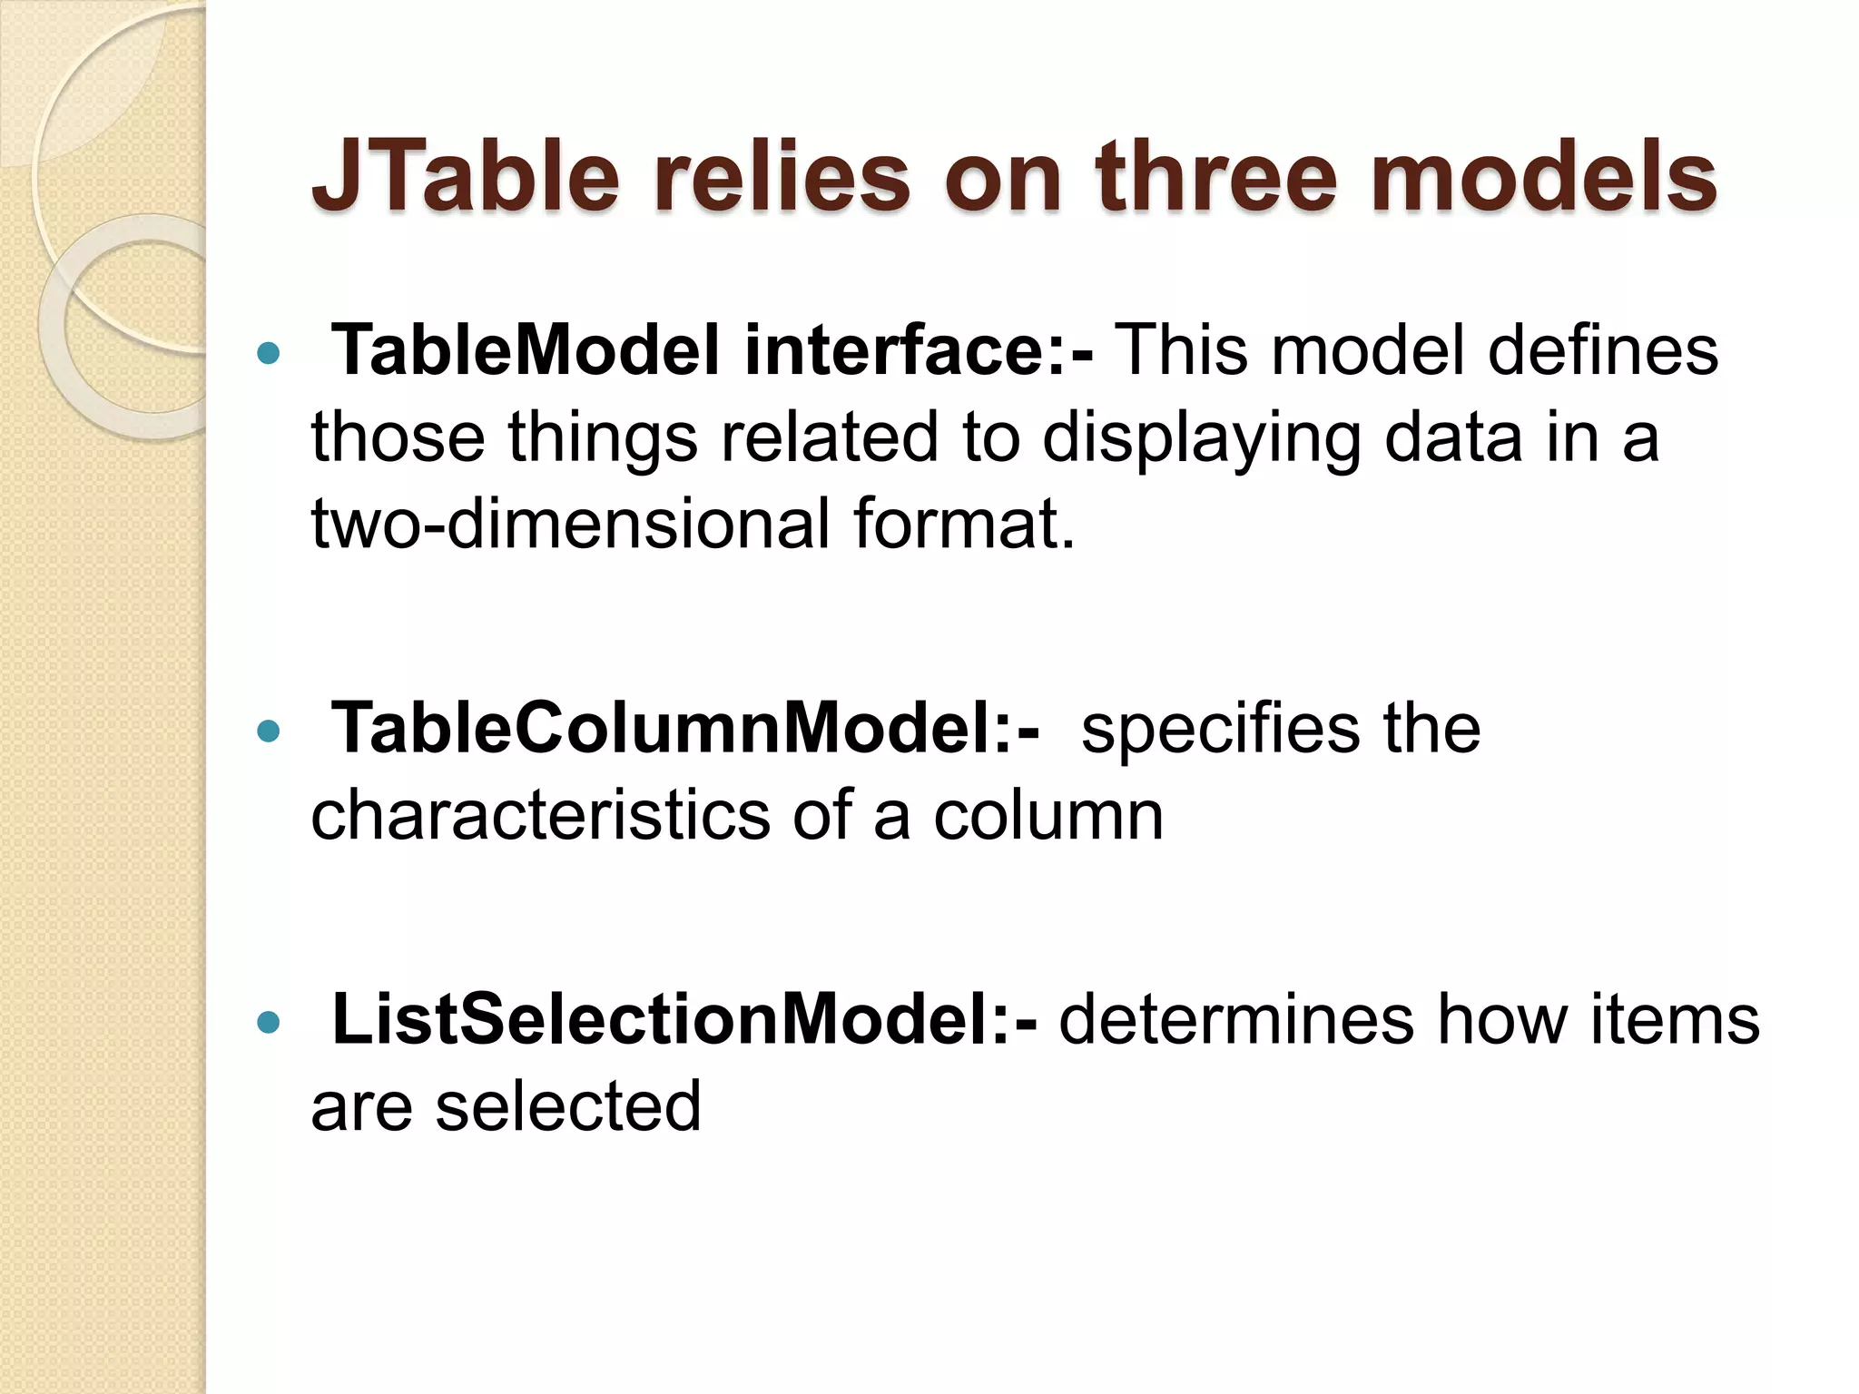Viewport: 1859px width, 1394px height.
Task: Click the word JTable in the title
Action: click(465, 177)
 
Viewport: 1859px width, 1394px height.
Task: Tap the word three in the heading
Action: click(1216, 177)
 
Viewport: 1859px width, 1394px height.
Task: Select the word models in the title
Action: click(1543, 177)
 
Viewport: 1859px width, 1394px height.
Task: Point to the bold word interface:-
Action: click(919, 351)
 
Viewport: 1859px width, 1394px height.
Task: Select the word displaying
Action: click(1202, 438)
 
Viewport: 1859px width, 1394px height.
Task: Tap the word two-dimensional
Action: click(570, 525)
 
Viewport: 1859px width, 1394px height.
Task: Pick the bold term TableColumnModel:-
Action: click(686, 729)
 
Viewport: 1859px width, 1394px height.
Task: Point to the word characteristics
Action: click(541, 816)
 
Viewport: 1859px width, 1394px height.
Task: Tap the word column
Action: click(1048, 816)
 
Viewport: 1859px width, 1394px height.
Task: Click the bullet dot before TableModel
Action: click(269, 353)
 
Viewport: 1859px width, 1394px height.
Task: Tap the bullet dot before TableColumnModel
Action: click(269, 731)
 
